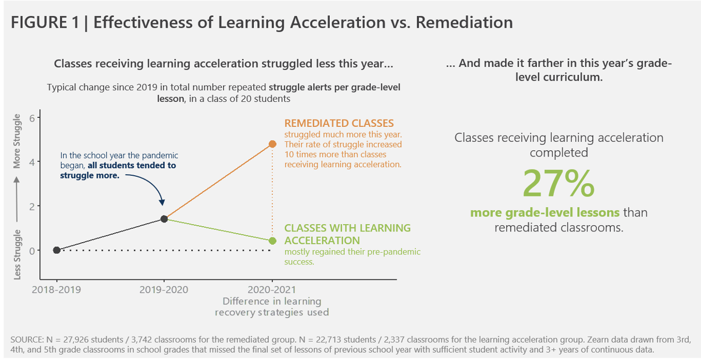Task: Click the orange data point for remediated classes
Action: pos(272,144)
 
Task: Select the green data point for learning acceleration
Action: pos(272,241)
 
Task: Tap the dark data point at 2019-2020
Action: pos(164,219)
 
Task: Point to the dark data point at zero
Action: pos(57,250)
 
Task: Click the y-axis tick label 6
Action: pos(32,118)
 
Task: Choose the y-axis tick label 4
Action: pos(32,162)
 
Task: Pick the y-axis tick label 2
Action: pos(32,207)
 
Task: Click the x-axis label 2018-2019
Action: pos(56,289)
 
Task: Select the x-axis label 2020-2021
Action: pos(272,289)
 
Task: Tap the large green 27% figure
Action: pos(558,183)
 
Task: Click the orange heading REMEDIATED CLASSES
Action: pos(339,123)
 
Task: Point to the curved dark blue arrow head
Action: pos(162,202)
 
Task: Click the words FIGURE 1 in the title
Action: pos(45,22)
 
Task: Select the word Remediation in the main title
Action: pos(464,22)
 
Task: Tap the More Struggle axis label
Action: pos(16,141)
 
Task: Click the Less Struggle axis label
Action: pos(16,254)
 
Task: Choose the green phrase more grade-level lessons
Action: pos(545,213)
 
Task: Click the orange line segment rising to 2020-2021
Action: pos(218,182)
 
